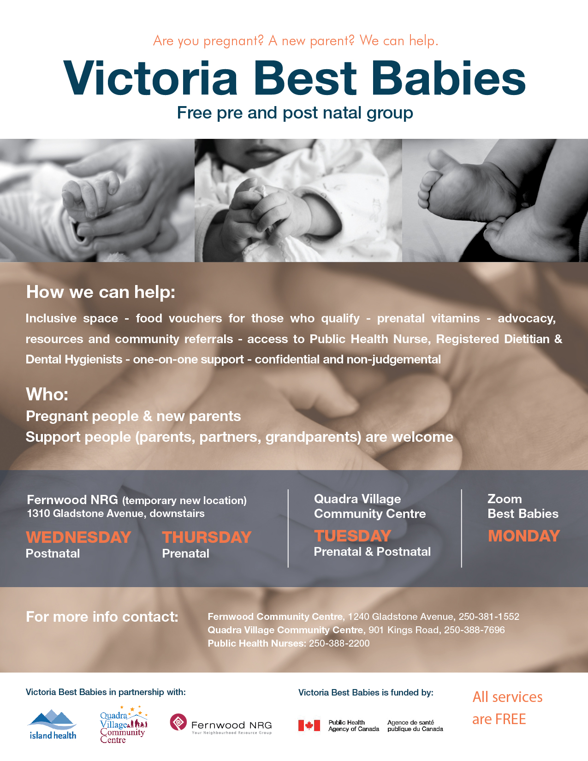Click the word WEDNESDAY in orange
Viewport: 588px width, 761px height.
(x=78, y=537)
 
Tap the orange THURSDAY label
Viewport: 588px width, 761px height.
(x=207, y=537)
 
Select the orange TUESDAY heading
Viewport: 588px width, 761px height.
(x=353, y=536)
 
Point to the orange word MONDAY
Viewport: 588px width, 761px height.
(x=524, y=536)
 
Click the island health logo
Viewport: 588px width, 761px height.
(x=53, y=724)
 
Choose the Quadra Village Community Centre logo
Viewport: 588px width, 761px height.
(x=124, y=725)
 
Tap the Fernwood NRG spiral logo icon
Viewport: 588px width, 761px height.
(x=178, y=722)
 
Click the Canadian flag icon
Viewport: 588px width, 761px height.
(x=309, y=725)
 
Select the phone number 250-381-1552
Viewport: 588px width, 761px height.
(x=489, y=616)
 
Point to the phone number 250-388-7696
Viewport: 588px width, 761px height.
(x=475, y=630)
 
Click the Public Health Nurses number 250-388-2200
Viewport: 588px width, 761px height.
(x=339, y=643)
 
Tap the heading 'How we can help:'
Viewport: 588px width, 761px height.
(x=101, y=292)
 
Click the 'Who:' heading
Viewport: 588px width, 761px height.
(x=47, y=394)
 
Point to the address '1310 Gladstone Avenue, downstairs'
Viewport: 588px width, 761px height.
(x=116, y=513)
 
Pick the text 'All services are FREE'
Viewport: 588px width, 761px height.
(x=507, y=708)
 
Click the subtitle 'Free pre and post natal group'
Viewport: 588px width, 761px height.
(x=295, y=113)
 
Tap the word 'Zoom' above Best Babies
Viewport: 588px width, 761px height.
(x=505, y=499)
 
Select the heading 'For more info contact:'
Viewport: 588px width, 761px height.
(x=102, y=617)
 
